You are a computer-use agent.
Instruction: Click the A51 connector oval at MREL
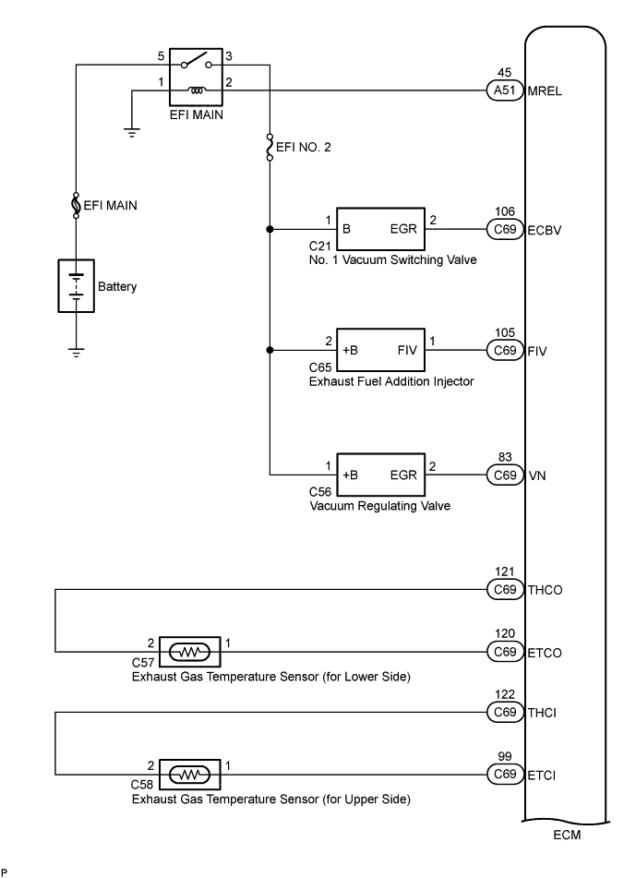505,90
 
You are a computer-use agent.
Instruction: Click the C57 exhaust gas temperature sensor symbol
189,652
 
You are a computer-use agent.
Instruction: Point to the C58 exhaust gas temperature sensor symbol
189,774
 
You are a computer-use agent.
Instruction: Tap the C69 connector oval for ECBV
505,229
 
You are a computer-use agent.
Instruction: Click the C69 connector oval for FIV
505,351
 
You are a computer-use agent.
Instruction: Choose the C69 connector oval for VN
505,475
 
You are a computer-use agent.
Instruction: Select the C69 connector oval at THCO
505,589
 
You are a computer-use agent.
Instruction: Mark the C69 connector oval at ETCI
505,774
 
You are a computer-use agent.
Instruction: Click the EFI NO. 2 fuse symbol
270,147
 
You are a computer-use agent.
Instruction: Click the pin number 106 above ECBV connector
505,211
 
